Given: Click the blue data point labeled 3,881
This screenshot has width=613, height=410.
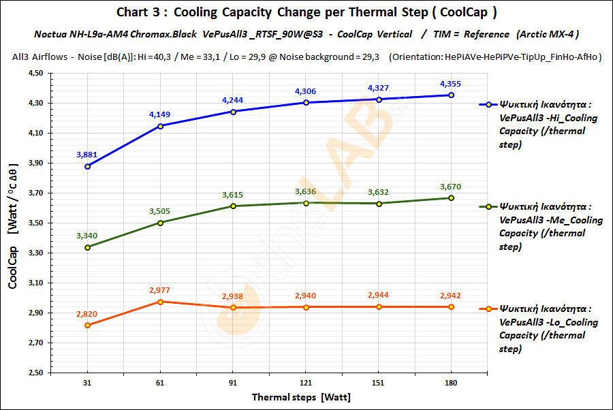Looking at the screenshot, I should (88, 166).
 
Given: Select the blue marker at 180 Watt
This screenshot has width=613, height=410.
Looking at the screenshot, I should (450, 95).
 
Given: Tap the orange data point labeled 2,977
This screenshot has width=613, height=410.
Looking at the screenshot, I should (160, 302).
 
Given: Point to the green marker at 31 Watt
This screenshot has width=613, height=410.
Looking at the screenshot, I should (88, 247).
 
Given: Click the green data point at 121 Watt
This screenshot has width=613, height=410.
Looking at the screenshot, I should (306, 203).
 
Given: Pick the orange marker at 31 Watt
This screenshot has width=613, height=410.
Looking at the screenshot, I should (88, 326).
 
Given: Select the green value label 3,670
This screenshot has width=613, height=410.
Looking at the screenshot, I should (450, 186).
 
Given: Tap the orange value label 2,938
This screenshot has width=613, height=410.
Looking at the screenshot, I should (233, 296).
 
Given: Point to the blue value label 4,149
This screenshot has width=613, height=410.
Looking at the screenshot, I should (160, 114).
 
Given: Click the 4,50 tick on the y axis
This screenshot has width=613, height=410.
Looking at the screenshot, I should (34, 74).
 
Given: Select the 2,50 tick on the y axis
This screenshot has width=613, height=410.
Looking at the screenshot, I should (34, 373).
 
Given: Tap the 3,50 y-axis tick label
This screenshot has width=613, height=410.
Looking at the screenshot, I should (34, 223).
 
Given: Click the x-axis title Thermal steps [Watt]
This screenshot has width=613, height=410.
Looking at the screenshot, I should (301, 396).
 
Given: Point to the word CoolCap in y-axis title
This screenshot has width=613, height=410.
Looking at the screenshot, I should (14, 264).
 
